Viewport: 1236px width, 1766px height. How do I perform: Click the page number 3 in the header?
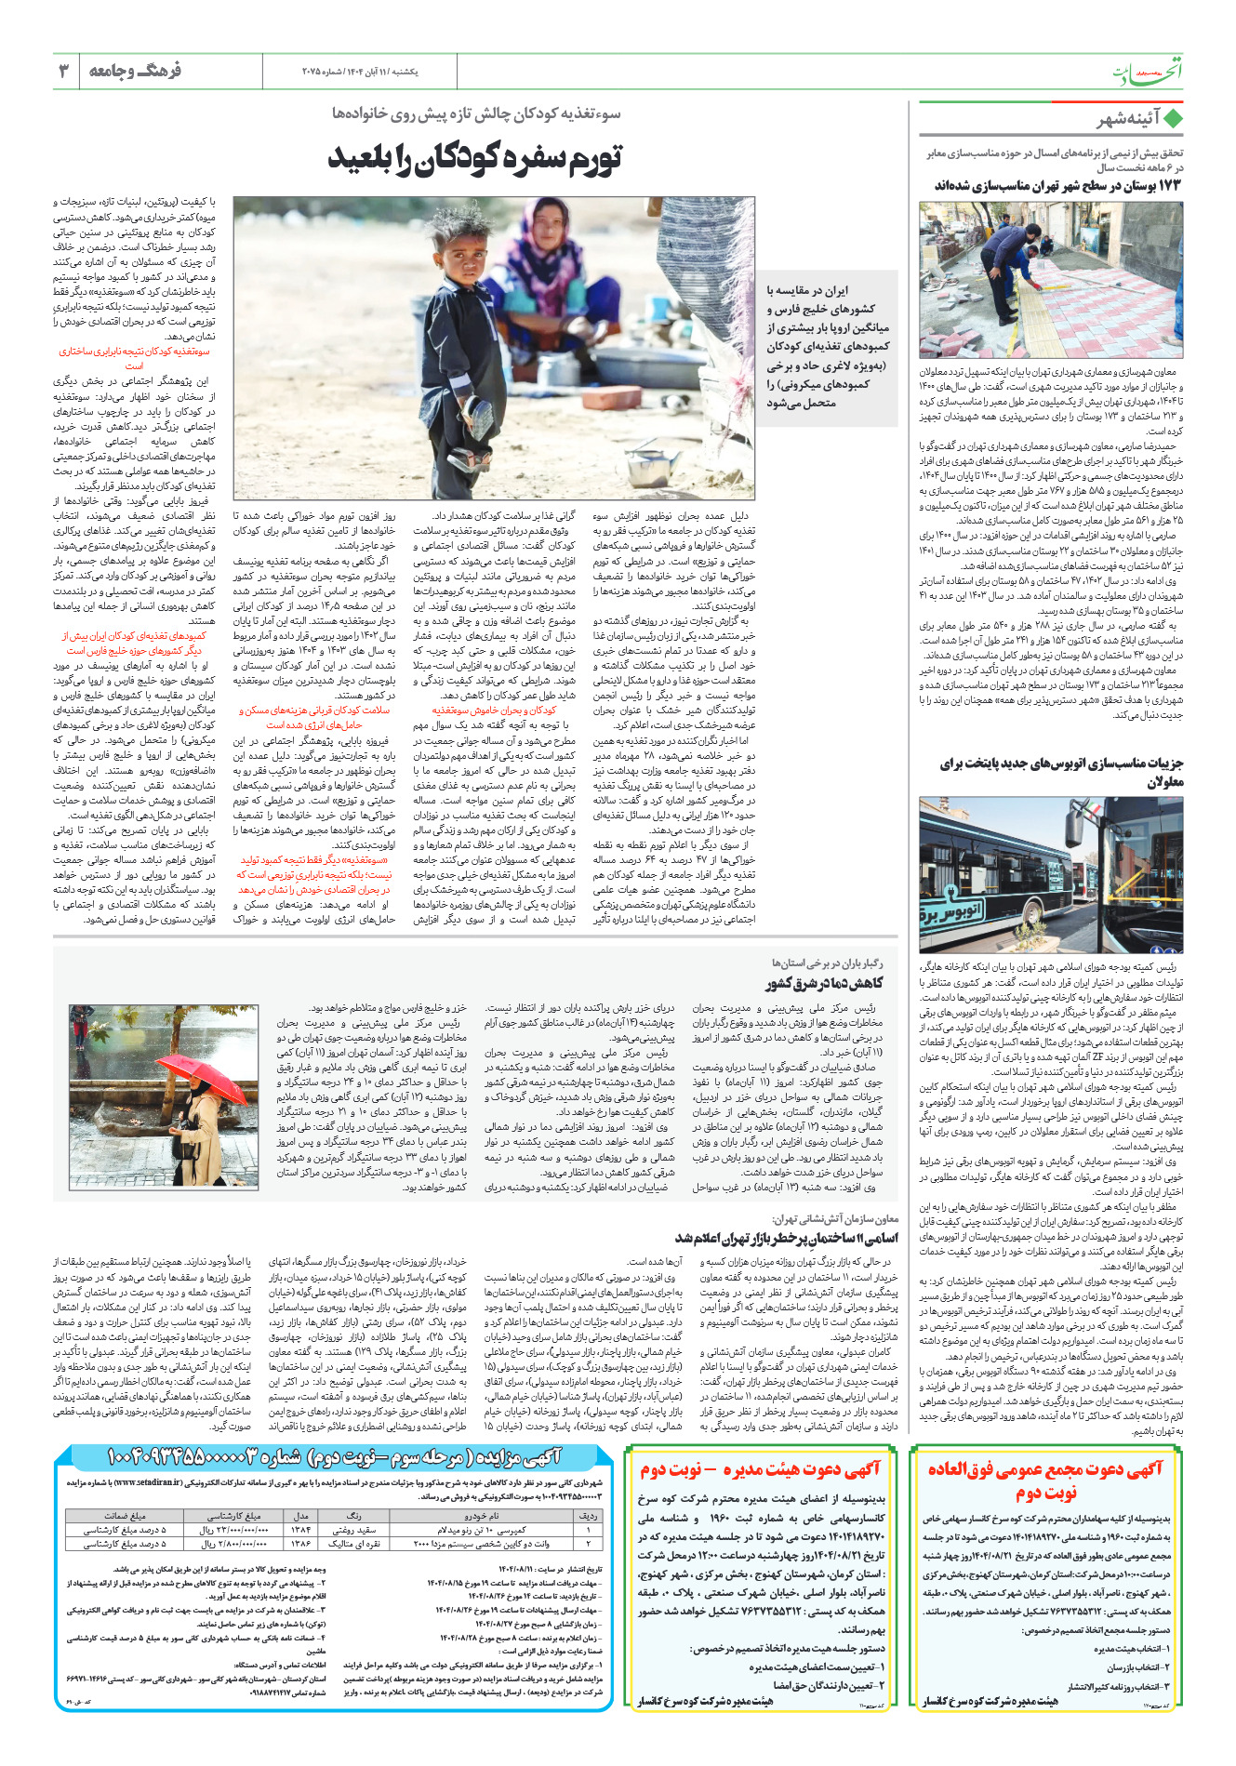point(64,71)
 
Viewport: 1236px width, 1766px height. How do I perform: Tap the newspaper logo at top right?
point(1149,72)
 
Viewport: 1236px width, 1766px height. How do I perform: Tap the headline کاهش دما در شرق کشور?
point(824,983)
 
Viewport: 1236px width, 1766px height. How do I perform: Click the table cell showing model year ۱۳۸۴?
point(301,1530)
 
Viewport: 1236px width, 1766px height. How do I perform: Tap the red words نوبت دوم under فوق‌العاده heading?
point(1046,1494)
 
